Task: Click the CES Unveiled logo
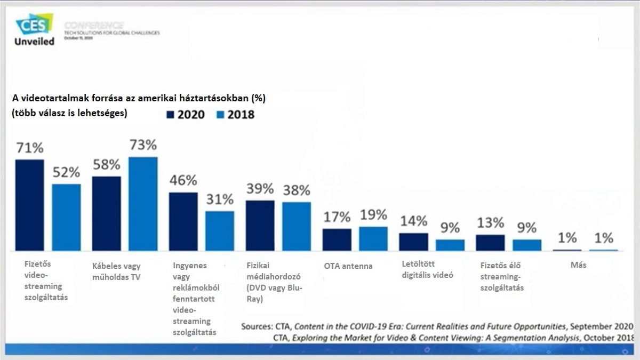point(35,30)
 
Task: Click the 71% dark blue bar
point(29,205)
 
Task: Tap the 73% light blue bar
point(143,204)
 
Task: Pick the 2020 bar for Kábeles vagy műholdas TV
point(106,213)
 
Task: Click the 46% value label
point(183,180)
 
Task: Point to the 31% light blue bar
point(220,230)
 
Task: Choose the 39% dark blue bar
point(260,226)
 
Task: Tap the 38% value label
point(297,189)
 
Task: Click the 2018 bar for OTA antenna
point(373,238)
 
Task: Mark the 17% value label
point(337,217)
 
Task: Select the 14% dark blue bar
point(413,242)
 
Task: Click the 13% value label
point(490,222)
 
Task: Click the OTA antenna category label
point(348,266)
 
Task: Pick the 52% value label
point(66,172)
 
